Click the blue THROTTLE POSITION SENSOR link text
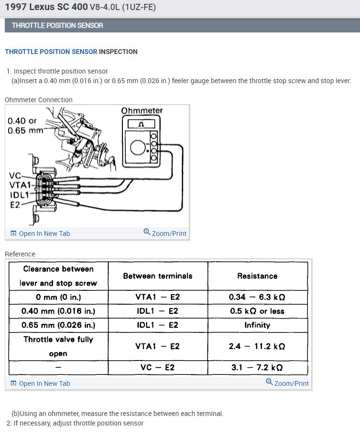pos(51,52)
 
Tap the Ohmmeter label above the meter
pos(142,111)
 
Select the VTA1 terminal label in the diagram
pos(19,185)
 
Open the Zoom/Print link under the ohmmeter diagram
pos(165,234)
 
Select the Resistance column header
pos(257,276)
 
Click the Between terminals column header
pos(158,276)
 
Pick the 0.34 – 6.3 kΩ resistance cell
pos(257,297)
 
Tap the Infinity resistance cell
pos(257,325)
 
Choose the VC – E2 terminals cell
pos(158,367)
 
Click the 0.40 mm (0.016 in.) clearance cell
pos(58,311)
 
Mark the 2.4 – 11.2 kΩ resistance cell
pos(257,346)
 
